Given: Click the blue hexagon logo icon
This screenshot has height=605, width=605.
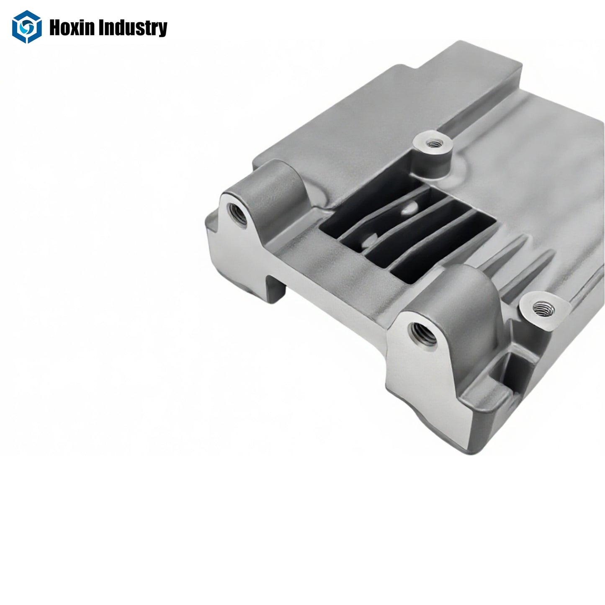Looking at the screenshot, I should click(x=27, y=27).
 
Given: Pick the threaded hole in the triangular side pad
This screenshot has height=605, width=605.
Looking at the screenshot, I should click(x=543, y=310).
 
